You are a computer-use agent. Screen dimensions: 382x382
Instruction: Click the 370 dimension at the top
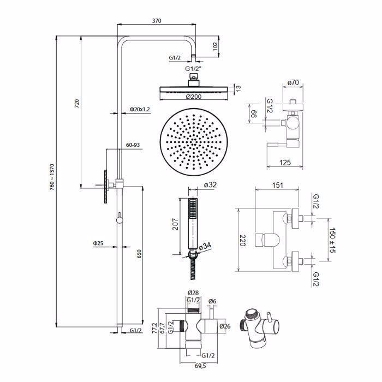coord(157,21)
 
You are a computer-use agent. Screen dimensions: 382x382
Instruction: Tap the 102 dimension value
coord(215,46)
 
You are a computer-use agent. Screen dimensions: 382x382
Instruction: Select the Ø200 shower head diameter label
coord(194,97)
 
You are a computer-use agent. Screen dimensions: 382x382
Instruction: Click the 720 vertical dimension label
coord(77,104)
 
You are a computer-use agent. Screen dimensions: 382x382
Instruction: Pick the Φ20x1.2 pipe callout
coord(140,109)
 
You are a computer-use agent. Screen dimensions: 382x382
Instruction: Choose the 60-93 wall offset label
coord(133,145)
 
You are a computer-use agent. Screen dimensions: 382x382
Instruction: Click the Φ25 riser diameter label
coord(98,243)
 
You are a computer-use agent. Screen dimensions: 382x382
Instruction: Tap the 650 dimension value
coord(139,254)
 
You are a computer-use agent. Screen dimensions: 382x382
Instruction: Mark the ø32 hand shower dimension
coord(210,184)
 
